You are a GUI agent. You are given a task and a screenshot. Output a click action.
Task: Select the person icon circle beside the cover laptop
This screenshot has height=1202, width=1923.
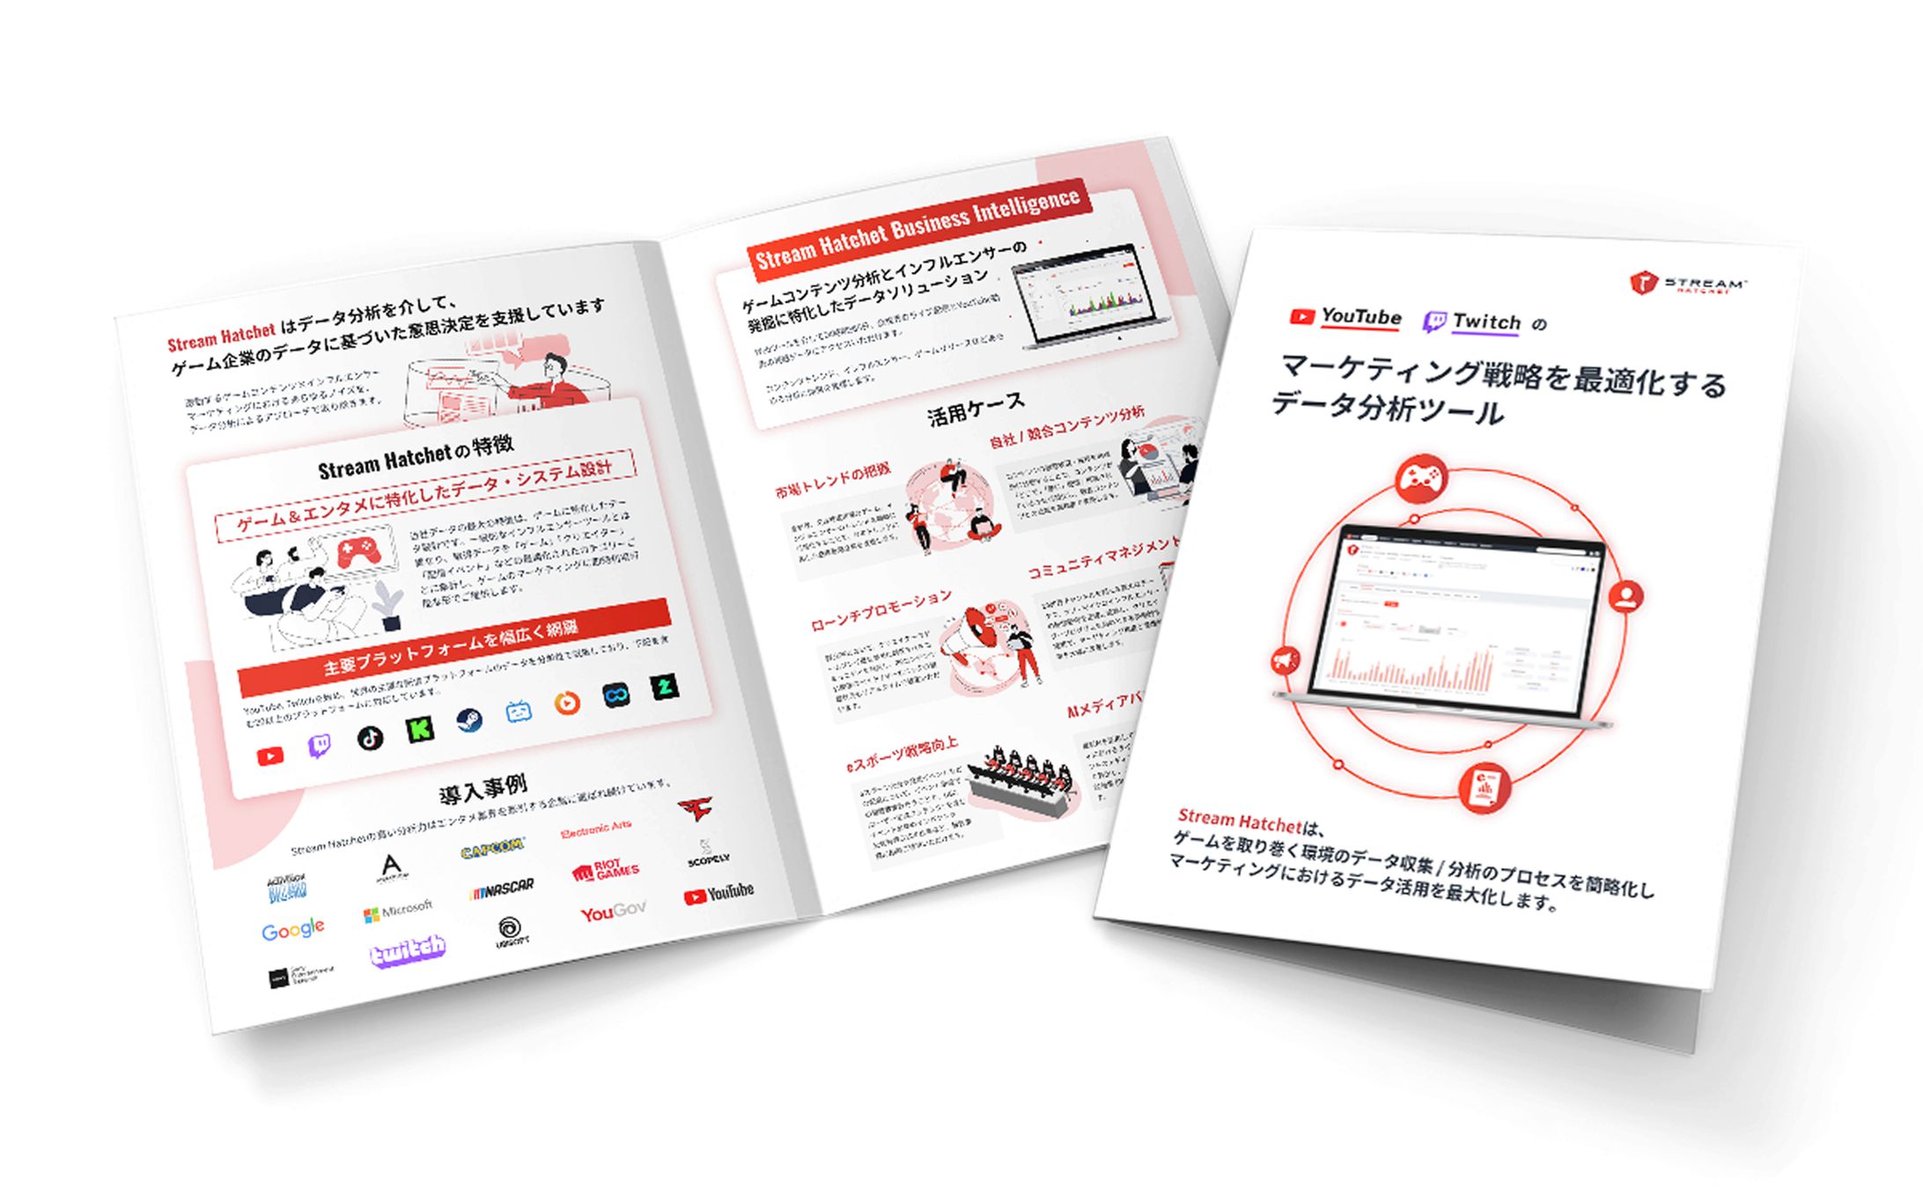(1625, 597)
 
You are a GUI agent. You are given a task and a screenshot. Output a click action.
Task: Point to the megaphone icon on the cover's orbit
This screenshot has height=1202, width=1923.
(1286, 660)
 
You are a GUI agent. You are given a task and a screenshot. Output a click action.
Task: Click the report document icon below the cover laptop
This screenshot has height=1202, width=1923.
(1485, 786)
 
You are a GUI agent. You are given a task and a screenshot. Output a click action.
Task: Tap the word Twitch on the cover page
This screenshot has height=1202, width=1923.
(1485, 322)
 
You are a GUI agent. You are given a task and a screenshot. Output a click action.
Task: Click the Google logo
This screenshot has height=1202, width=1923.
(292, 929)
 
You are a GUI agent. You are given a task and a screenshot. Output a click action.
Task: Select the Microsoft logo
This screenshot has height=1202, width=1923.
(398, 910)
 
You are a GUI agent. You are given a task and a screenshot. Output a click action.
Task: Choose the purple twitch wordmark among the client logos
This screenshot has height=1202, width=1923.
(407, 951)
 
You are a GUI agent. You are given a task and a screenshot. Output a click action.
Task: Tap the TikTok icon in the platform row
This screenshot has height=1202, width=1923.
(370, 738)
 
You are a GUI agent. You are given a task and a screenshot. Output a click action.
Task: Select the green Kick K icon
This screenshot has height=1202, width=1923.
(419, 729)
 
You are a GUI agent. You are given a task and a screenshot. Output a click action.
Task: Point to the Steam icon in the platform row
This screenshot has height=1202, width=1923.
(468, 721)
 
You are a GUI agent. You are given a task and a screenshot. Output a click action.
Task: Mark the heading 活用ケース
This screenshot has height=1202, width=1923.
(976, 409)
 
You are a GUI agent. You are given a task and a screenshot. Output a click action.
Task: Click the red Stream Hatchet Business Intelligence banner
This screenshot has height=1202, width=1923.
(917, 227)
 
